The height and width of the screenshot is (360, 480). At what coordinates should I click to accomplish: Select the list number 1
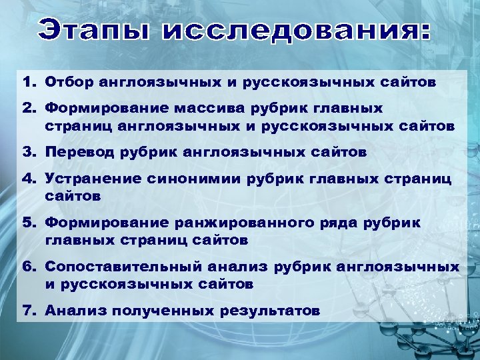[28, 83]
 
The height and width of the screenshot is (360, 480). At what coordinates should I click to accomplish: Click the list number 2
[28, 107]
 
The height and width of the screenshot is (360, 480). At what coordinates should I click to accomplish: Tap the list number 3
[28, 152]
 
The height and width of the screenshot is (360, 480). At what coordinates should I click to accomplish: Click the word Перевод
[81, 152]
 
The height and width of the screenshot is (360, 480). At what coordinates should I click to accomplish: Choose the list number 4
[28, 178]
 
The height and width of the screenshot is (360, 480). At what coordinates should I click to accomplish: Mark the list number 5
[28, 223]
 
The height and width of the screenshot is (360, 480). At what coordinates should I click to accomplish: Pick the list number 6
[28, 267]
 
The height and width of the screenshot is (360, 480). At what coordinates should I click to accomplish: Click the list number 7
[28, 311]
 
